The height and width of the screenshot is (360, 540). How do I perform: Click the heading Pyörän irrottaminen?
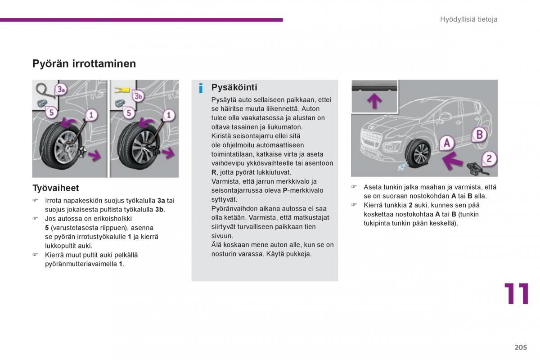(84, 63)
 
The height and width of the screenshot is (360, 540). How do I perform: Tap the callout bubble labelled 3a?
(61, 90)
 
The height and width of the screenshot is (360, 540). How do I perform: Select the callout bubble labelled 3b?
(138, 96)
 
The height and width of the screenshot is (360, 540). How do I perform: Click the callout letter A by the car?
(447, 143)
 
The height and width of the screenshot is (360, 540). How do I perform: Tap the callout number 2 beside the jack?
(489, 158)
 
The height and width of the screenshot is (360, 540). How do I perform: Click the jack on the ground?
(477, 169)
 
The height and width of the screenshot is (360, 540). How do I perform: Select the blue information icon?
(201, 88)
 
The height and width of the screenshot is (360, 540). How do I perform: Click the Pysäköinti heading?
(234, 87)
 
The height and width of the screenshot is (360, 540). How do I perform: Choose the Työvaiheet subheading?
(56, 188)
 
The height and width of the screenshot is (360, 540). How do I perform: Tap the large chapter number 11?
(517, 293)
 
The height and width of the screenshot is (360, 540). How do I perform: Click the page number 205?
(521, 347)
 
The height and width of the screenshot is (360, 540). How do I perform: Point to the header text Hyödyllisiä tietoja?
(468, 19)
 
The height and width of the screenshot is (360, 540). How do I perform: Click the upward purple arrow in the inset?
(374, 100)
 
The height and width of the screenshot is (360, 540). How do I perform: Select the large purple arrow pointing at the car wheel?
(453, 160)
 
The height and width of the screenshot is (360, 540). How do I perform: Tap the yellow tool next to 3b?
(122, 90)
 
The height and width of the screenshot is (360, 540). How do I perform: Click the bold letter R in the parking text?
(214, 172)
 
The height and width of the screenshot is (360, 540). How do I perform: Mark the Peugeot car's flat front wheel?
(418, 153)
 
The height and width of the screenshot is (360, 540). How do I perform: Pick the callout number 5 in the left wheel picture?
(51, 112)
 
